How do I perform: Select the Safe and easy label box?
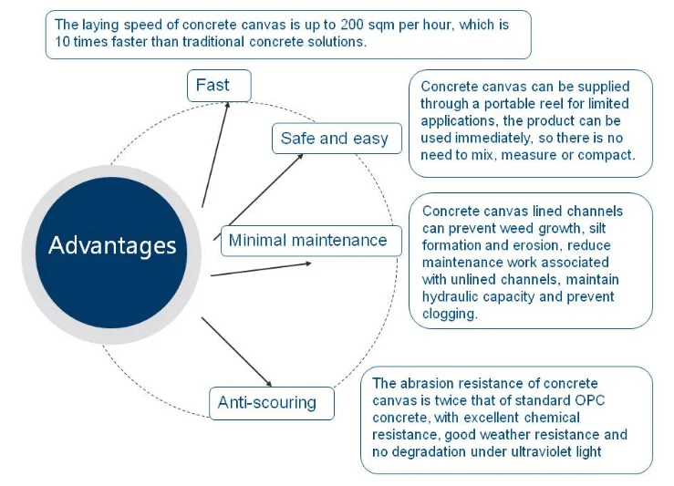[x=336, y=139]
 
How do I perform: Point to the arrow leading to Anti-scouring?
[x=236, y=351]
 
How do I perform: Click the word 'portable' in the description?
[x=508, y=104]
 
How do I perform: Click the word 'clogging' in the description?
[x=450, y=314]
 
